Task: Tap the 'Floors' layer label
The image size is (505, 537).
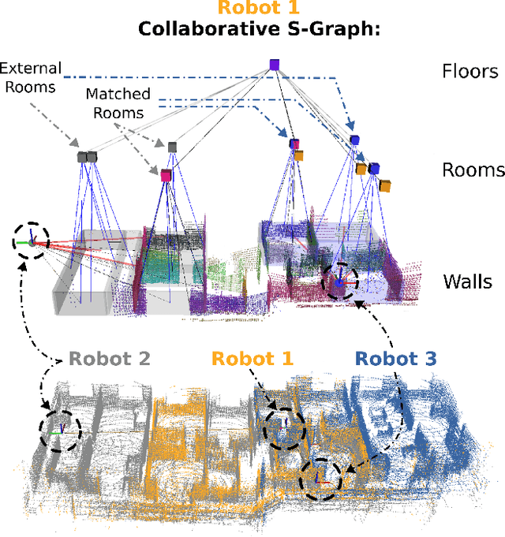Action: (x=469, y=72)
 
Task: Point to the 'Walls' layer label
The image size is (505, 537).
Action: (x=468, y=282)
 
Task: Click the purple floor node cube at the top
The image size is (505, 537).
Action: (x=274, y=65)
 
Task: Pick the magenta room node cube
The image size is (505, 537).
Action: (x=166, y=174)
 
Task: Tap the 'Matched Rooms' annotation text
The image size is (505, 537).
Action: (x=119, y=103)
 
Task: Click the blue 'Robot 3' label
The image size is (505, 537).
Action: (x=396, y=360)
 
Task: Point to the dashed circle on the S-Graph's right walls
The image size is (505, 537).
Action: (x=339, y=282)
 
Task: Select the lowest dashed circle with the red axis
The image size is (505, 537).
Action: (x=320, y=478)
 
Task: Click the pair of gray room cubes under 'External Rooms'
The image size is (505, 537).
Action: (x=87, y=156)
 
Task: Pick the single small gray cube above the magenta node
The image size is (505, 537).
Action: (x=172, y=147)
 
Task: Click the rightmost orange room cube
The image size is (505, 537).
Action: (x=386, y=185)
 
